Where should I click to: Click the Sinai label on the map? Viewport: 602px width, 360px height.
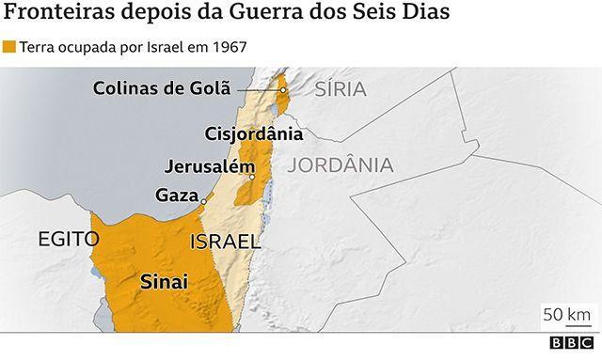coord(164,281)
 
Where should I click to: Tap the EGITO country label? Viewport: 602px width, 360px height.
coord(68,239)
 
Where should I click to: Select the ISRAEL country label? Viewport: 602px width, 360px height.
coord(224,243)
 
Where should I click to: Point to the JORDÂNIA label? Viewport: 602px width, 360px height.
coord(341,165)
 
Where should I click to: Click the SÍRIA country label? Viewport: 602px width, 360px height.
coord(339,90)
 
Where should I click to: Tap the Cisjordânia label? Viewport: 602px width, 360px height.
coord(253,133)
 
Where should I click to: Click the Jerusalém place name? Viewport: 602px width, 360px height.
coord(209,166)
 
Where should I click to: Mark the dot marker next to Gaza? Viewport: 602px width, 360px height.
coord(203,198)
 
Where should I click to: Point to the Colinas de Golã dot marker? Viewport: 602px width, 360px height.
coord(282,90)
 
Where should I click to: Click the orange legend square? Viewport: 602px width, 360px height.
coord(9,45)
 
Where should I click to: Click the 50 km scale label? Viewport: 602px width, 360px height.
coord(566,312)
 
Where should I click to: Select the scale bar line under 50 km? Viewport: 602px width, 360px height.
coord(566,327)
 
